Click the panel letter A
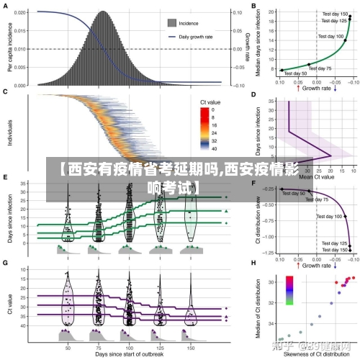(6, 6)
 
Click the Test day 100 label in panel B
(330, 36)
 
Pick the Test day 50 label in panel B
(296, 73)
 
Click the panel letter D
(253, 94)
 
